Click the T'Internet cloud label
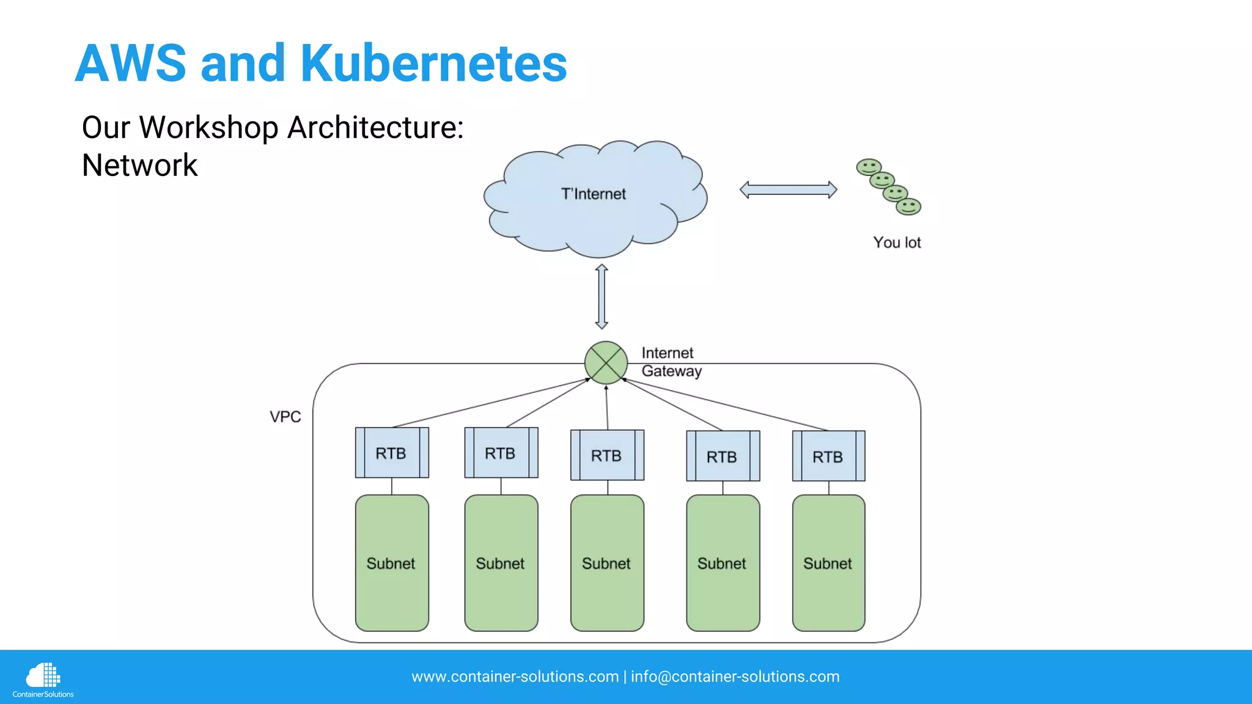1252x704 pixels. click(593, 194)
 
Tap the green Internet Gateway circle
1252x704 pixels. click(606, 363)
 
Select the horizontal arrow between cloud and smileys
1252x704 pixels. click(788, 190)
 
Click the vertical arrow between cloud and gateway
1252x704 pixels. click(602, 296)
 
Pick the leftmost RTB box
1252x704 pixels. click(392, 453)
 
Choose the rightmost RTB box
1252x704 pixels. click(828, 456)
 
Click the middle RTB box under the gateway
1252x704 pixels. click(607, 455)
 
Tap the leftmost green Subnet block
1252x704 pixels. click(392, 563)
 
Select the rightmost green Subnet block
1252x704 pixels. click(828, 563)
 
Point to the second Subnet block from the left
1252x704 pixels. click(501, 563)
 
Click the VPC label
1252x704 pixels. click(285, 417)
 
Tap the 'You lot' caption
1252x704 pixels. click(896, 243)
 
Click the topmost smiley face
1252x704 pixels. click(868, 167)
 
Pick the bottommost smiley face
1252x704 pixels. click(908, 207)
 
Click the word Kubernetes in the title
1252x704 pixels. click(433, 64)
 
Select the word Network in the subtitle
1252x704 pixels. click(139, 166)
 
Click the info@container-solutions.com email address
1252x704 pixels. click(735, 676)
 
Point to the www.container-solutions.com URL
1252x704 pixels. click(515, 676)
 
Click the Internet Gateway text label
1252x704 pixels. click(671, 362)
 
